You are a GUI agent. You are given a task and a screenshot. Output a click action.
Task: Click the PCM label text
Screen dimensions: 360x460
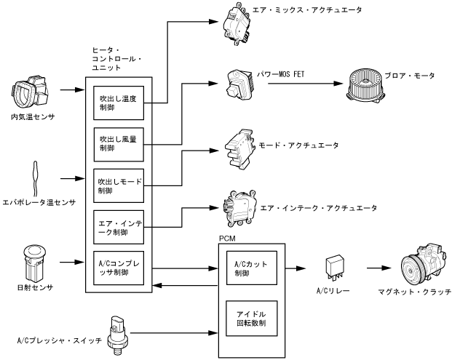coord(227,238)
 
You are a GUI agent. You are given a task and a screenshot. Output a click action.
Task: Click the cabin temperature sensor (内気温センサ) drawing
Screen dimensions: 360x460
coord(29,93)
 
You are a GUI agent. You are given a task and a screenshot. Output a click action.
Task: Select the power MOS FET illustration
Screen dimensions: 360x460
coord(239,84)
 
